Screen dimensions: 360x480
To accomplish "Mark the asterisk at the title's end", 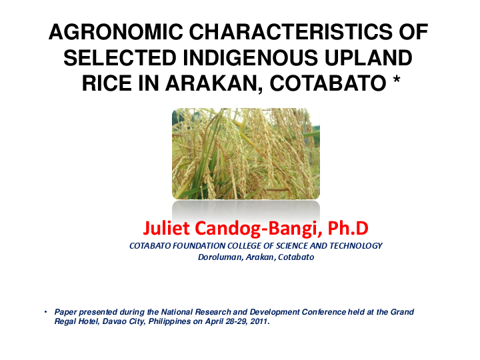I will [396, 83].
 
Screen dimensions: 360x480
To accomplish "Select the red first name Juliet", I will [167, 229].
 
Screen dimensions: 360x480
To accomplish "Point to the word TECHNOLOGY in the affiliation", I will [355, 246].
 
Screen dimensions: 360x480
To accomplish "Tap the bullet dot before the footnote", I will [45, 312].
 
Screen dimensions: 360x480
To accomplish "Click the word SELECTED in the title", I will [119, 59].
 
